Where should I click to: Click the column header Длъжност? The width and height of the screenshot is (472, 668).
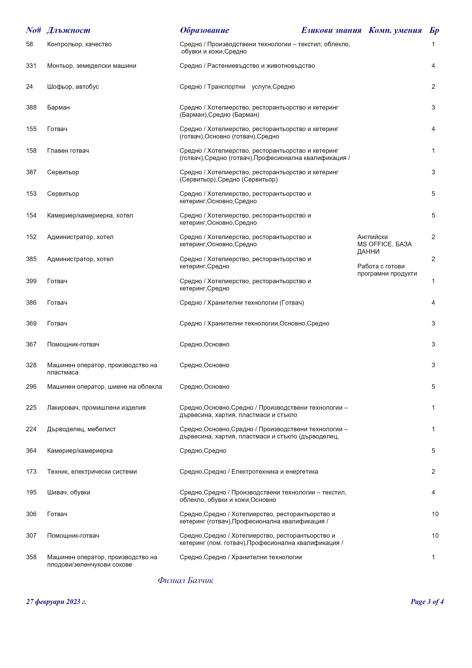[68, 30]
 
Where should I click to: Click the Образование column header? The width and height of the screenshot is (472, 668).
[204, 30]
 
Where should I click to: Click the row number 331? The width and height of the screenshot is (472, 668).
[31, 66]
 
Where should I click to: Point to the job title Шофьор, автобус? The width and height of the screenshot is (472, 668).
[73, 87]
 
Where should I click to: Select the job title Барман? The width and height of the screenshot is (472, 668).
[58, 108]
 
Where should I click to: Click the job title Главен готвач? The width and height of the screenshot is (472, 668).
[68, 151]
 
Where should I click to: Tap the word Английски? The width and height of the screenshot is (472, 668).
[372, 237]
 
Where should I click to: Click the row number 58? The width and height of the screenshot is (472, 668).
[29, 44]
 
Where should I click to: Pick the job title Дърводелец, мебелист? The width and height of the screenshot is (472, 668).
[81, 429]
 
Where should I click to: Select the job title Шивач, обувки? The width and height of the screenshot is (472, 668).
[69, 493]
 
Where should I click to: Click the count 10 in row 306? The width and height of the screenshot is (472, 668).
[435, 514]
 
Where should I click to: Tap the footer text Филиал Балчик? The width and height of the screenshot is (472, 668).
[185, 580]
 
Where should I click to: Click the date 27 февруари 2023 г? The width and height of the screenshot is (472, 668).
[56, 602]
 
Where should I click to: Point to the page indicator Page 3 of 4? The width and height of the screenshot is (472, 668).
[427, 602]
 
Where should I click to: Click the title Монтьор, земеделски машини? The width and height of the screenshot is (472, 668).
[92, 66]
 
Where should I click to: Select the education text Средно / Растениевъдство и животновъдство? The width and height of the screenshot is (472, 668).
[247, 66]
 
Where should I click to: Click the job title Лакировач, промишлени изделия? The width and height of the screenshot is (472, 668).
[96, 408]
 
